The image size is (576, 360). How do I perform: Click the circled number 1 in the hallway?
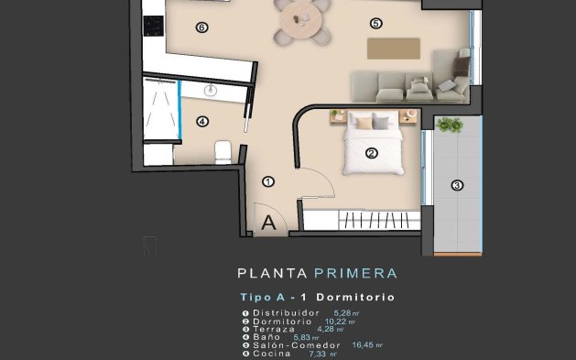click(x=268, y=181)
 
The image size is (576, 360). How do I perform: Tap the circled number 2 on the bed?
click(x=372, y=154)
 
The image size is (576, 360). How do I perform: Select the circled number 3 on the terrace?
click(x=457, y=185)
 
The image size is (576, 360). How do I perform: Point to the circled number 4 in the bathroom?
click(x=202, y=121)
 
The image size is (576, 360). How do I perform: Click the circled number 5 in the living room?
click(x=375, y=23)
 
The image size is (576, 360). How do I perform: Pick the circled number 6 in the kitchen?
click(x=201, y=27)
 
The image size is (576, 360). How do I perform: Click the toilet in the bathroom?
click(x=222, y=150)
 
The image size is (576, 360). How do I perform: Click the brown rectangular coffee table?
click(x=394, y=48)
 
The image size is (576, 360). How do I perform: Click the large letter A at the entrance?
click(x=269, y=222)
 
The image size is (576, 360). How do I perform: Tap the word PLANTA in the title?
click(x=272, y=273)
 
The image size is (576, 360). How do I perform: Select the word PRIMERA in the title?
click(x=354, y=273)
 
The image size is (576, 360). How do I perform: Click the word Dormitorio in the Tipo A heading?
click(x=354, y=298)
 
